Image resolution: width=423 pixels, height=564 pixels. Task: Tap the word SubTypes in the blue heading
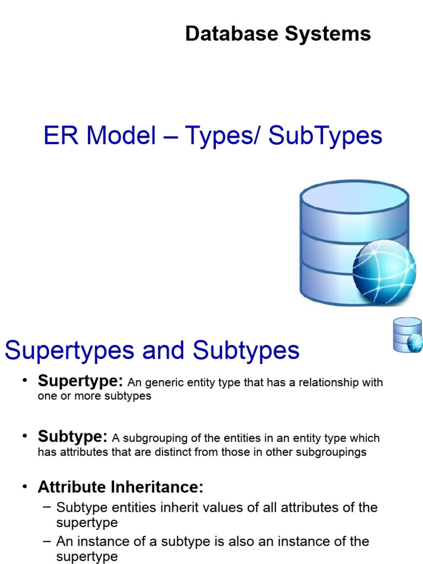[326, 136]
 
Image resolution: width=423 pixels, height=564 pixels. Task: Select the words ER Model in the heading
[100, 136]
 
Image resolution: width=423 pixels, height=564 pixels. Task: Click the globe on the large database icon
[384, 273]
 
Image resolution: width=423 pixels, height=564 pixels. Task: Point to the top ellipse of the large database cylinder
[354, 198]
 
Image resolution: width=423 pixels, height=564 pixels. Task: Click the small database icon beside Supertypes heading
[407, 335]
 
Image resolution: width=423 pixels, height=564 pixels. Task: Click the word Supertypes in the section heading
[69, 351]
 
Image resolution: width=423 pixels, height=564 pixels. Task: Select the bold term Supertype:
[81, 381]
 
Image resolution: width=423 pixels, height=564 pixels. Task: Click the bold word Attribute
[72, 487]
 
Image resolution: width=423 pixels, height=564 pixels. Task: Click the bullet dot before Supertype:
[25, 381]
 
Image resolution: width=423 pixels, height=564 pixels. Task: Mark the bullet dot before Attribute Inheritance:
[25, 487]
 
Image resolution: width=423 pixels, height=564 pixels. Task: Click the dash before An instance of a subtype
[47, 541]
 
